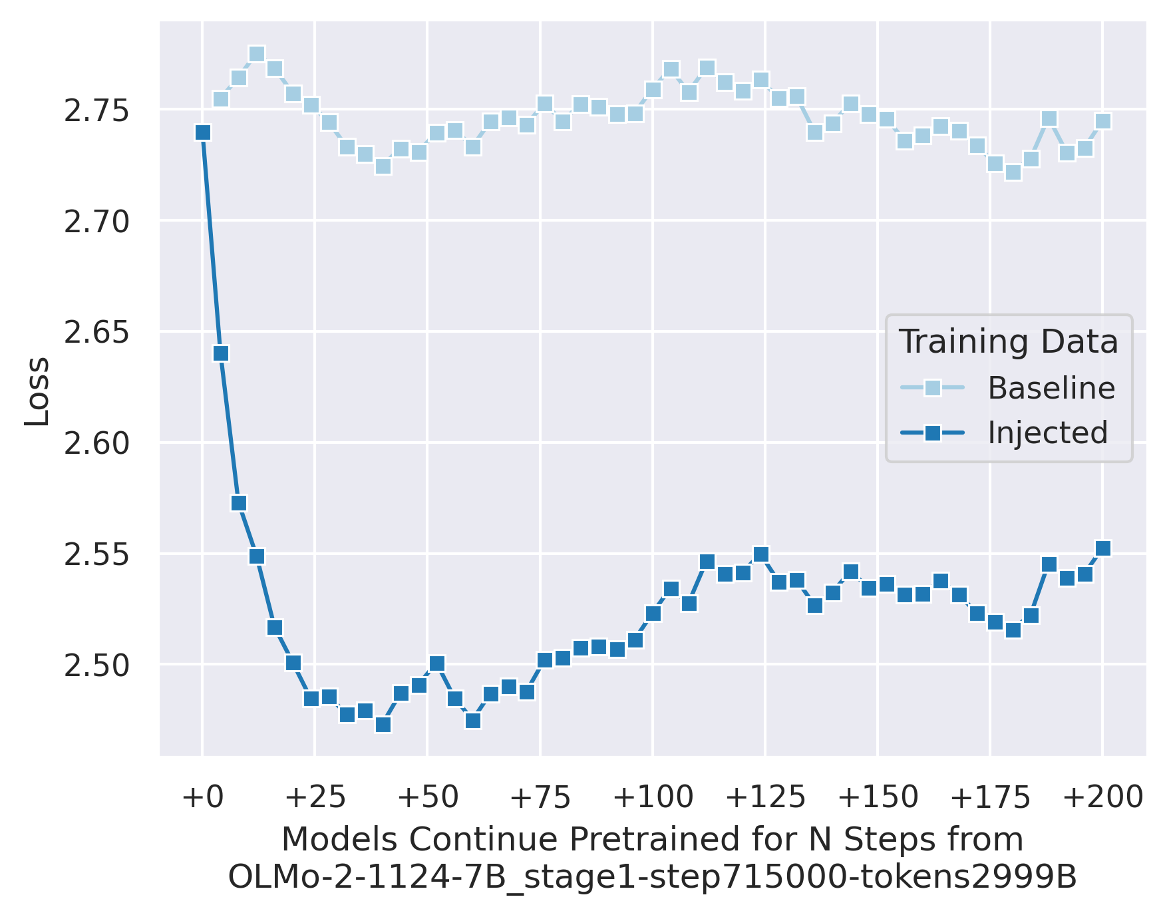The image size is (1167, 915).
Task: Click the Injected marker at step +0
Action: point(203,132)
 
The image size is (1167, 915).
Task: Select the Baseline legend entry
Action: point(1051,388)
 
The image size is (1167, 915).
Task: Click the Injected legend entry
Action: point(1047,433)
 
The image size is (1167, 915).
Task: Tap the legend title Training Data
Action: point(1009,342)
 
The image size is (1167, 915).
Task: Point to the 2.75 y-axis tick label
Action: point(96,111)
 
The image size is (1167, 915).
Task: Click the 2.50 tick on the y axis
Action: point(96,665)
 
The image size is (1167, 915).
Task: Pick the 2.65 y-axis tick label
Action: point(96,333)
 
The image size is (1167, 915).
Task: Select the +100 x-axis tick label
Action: point(653,797)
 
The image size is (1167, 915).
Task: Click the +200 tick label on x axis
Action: point(1102,797)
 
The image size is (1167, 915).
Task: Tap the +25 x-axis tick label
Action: point(315,797)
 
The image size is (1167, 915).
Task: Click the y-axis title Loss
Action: point(37,391)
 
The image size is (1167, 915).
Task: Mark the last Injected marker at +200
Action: point(1103,548)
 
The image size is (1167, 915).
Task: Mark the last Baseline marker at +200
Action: point(1103,121)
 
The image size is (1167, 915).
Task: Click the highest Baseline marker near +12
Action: point(257,54)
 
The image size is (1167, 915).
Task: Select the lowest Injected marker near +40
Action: point(383,724)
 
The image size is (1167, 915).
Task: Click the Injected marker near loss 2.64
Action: point(221,353)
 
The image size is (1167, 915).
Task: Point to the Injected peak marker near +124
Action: point(761,554)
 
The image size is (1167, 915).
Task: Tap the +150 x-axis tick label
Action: point(878,797)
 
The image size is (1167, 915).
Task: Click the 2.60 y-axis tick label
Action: point(96,444)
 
